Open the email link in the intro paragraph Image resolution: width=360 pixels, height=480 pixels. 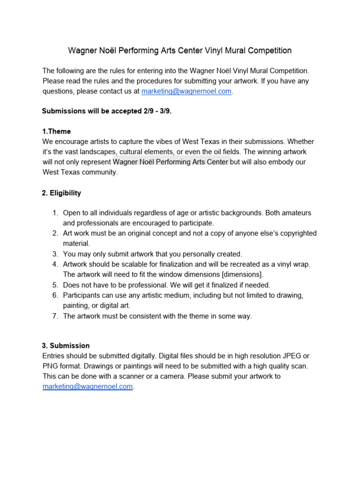(x=186, y=91)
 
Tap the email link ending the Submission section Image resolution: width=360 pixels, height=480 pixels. (x=88, y=387)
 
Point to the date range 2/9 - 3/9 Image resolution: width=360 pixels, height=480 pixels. (x=151, y=111)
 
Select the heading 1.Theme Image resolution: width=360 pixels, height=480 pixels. (x=56, y=131)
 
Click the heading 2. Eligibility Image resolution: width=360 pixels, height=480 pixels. (x=61, y=193)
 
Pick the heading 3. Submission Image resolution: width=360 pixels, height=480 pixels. (x=66, y=345)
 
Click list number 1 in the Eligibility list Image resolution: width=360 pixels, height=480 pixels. (x=55, y=213)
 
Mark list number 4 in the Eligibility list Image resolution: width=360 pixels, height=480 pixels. (x=55, y=264)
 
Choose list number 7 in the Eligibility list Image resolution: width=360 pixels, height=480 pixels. (x=55, y=316)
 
